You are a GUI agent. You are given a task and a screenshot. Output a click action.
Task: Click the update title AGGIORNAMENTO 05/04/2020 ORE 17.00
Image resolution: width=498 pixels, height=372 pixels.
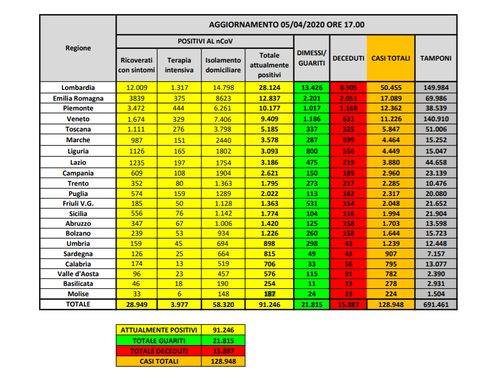[287, 25]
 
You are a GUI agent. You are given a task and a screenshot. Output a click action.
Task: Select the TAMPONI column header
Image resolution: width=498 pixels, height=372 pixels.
[436, 59]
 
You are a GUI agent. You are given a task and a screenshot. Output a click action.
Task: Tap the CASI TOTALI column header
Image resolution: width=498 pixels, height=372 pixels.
[391, 59]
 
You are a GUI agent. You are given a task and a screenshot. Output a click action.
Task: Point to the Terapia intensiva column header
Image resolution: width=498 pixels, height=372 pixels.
[179, 65]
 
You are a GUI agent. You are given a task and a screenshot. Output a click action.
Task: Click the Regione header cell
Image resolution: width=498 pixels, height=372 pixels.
[78, 48]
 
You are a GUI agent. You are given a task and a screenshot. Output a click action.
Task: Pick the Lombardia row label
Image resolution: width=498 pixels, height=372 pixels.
[78, 88]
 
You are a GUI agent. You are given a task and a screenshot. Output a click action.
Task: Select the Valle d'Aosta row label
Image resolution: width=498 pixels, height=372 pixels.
[78, 274]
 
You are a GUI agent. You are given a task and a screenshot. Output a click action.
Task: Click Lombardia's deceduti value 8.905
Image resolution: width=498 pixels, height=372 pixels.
[349, 88]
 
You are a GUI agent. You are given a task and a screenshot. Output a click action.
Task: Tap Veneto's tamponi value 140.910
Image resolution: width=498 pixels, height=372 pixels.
[436, 119]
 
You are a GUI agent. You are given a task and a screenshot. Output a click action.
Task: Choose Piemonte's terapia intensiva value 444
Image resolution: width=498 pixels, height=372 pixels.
[179, 109]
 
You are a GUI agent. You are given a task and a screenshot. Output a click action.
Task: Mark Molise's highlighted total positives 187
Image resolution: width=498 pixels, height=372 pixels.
[270, 294]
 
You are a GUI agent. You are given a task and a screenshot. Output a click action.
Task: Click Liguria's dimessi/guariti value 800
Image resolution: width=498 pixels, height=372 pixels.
[312, 152]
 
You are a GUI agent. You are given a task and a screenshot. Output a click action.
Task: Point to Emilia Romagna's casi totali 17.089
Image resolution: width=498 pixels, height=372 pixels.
[391, 99]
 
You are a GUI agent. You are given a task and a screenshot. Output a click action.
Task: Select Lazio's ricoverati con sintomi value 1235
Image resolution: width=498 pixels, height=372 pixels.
[137, 163]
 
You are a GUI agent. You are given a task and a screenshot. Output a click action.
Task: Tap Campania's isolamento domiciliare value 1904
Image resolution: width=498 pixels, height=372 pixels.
[223, 173]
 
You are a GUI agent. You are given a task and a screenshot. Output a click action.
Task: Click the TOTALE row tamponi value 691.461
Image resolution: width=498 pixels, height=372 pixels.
[436, 305]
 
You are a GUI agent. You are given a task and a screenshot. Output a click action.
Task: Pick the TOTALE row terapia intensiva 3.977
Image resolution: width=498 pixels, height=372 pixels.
[179, 305]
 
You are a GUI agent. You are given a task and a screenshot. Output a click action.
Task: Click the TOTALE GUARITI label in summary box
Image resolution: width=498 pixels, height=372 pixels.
[159, 341]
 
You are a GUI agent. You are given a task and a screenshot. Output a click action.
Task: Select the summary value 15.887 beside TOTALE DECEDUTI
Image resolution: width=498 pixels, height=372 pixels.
[223, 351]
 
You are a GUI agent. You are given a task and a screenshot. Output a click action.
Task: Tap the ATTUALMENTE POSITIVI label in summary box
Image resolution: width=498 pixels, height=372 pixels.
[159, 330]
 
